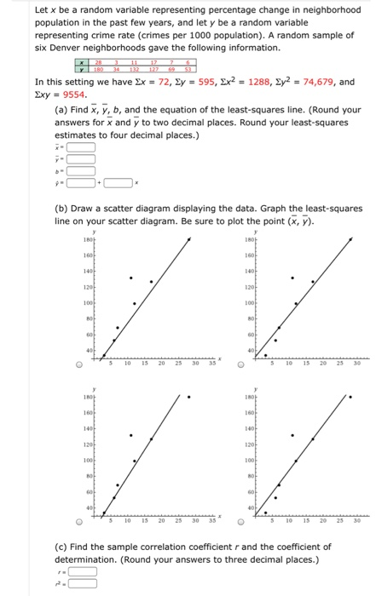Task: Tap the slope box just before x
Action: tap(119, 181)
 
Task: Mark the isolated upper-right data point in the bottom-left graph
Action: tap(189, 398)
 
